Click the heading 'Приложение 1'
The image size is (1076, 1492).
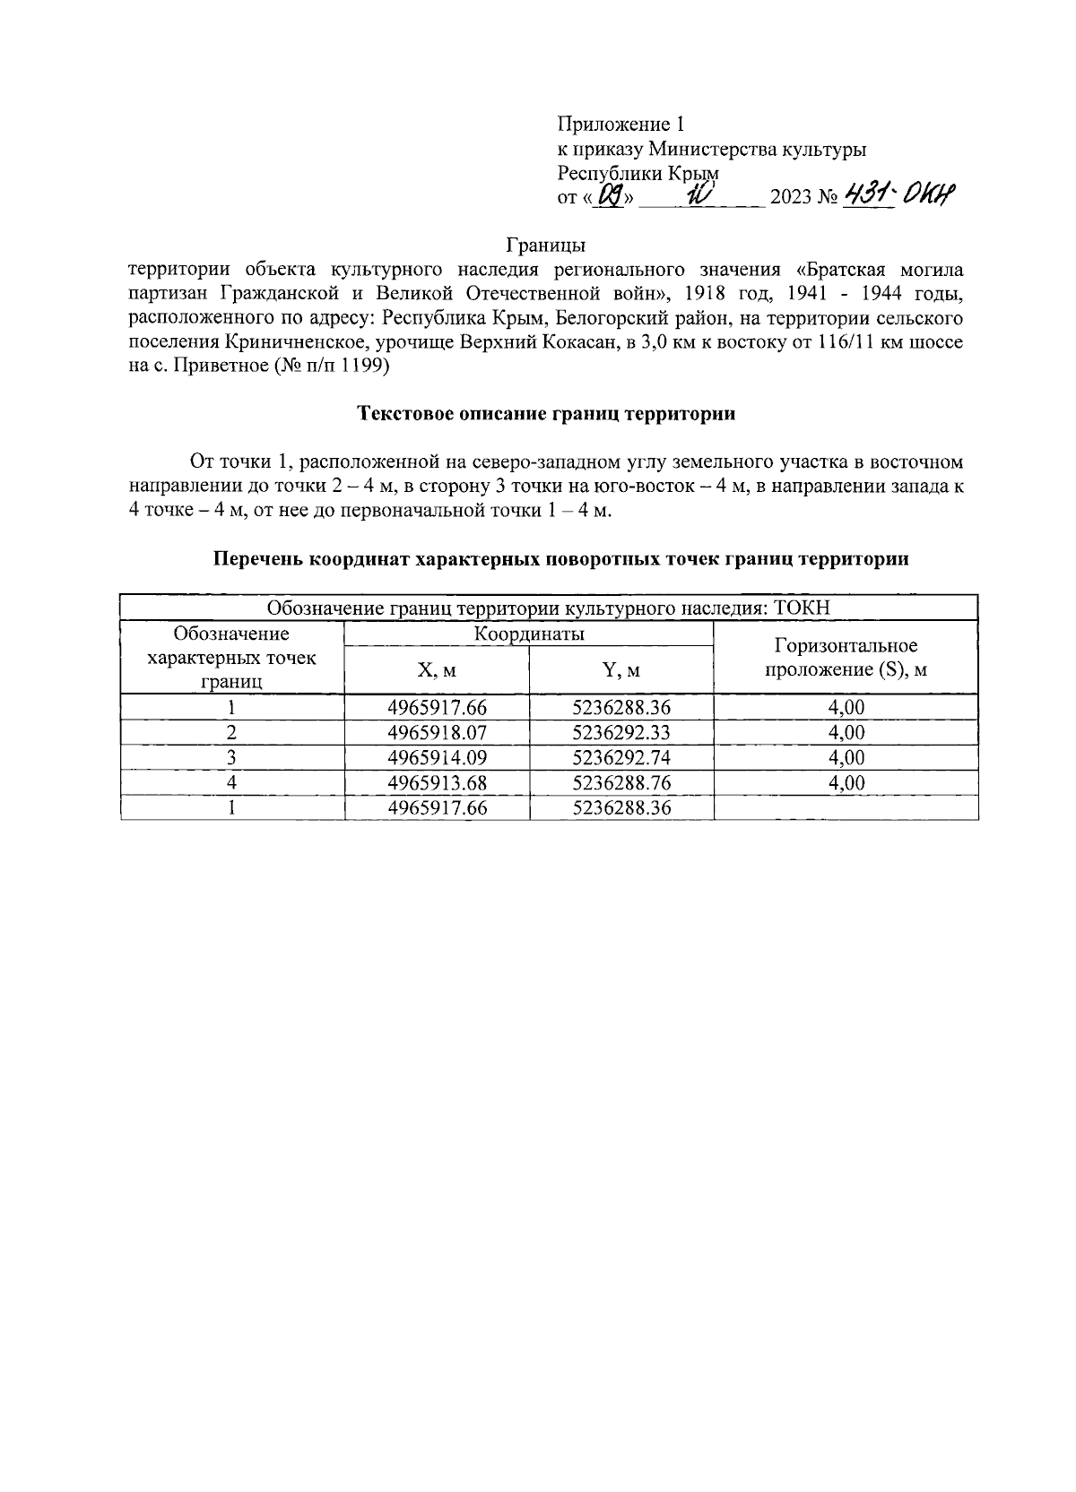tap(621, 125)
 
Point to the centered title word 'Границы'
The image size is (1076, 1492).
tap(546, 245)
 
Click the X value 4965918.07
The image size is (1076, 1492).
tap(437, 733)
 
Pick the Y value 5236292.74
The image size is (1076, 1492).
tap(621, 758)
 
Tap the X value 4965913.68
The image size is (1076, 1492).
tap(437, 783)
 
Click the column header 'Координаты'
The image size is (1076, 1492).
tap(529, 634)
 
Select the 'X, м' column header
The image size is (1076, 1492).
tap(437, 670)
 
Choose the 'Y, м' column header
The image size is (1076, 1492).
tap(621, 670)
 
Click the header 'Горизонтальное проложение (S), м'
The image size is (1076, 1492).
tap(845, 658)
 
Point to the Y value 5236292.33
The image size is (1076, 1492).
tap(621, 733)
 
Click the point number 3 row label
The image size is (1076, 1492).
tap(232, 758)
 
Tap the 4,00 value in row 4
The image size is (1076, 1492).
tap(846, 783)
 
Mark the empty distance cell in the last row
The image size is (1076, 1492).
tap(846, 808)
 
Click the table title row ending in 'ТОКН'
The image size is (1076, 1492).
tap(549, 608)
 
